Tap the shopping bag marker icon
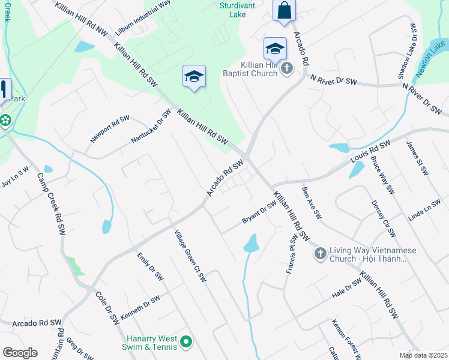tap(284, 11)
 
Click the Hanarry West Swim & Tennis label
tap(152, 343)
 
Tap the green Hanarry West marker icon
tap(186, 343)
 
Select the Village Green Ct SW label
tap(190, 256)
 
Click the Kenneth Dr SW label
tap(140, 308)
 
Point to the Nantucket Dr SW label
tap(151, 127)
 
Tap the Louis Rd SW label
tap(370, 154)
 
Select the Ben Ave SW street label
tap(312, 203)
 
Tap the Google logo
tap(20, 353)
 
